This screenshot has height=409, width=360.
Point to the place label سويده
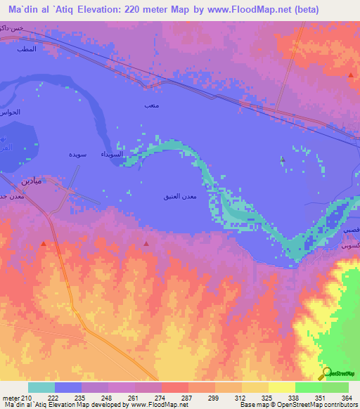click(77, 152)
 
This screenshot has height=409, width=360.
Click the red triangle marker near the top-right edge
click(351, 74)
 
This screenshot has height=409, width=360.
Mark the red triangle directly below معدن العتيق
click(146, 243)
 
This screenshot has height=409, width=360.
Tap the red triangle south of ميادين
click(44, 243)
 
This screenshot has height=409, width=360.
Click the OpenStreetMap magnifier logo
click(326, 374)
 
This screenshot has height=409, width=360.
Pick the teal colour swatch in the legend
click(41, 387)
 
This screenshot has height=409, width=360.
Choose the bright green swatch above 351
click(309, 387)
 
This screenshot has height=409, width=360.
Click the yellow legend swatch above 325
click(255, 387)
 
